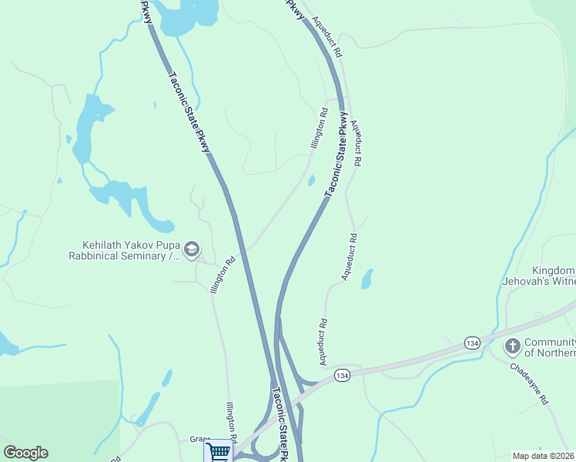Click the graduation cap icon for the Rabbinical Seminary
192,249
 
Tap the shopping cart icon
218,451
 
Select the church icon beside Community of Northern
511,346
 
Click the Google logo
25,453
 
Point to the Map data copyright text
544,456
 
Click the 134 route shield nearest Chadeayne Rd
472,342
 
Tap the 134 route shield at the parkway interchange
343,375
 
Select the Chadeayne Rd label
528,384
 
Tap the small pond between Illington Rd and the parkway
311,181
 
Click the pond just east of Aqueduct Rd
367,279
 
